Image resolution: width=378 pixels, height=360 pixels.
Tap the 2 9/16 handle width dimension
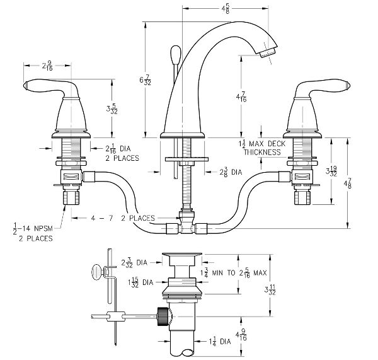(x=47, y=66)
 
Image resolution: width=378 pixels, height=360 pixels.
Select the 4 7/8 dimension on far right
(x=348, y=183)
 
